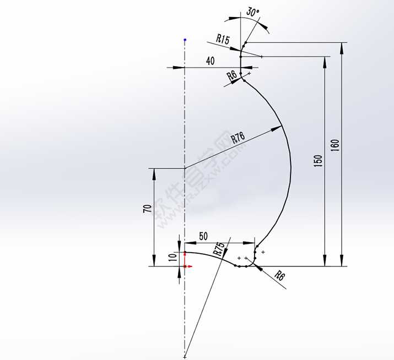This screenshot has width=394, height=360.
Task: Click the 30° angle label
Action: click(252, 12)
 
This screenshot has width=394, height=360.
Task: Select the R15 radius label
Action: click(223, 39)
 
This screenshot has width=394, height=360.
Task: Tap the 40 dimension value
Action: click(210, 61)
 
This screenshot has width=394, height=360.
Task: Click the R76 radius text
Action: click(238, 138)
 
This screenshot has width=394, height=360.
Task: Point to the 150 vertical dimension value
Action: click(318, 161)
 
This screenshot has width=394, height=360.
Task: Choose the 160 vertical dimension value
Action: click(336, 146)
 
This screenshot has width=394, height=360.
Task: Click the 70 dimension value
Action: click(147, 209)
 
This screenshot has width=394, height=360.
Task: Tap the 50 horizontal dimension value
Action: click(203, 237)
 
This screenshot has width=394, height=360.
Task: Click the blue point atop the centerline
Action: click(185, 40)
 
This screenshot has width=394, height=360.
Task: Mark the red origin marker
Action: click(185, 266)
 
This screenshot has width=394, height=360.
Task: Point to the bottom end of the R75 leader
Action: click(186, 357)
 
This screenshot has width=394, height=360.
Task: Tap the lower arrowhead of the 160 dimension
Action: click(343, 262)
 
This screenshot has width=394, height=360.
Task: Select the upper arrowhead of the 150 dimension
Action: click(325, 60)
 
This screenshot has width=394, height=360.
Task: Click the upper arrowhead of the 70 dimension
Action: click(153, 172)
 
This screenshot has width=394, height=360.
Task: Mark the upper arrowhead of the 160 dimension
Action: click(343, 46)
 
